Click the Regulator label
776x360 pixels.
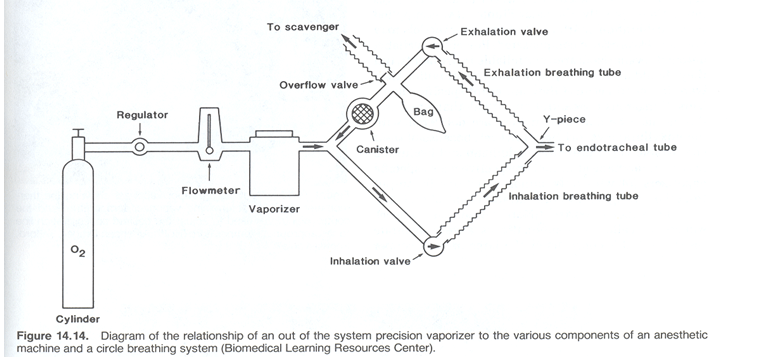[x=141, y=116]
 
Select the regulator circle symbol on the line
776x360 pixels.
[x=139, y=146]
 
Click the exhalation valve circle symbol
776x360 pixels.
[x=431, y=44]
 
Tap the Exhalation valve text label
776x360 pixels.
[x=504, y=32]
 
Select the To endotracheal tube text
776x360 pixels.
[x=616, y=148]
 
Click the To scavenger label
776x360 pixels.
[x=304, y=27]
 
